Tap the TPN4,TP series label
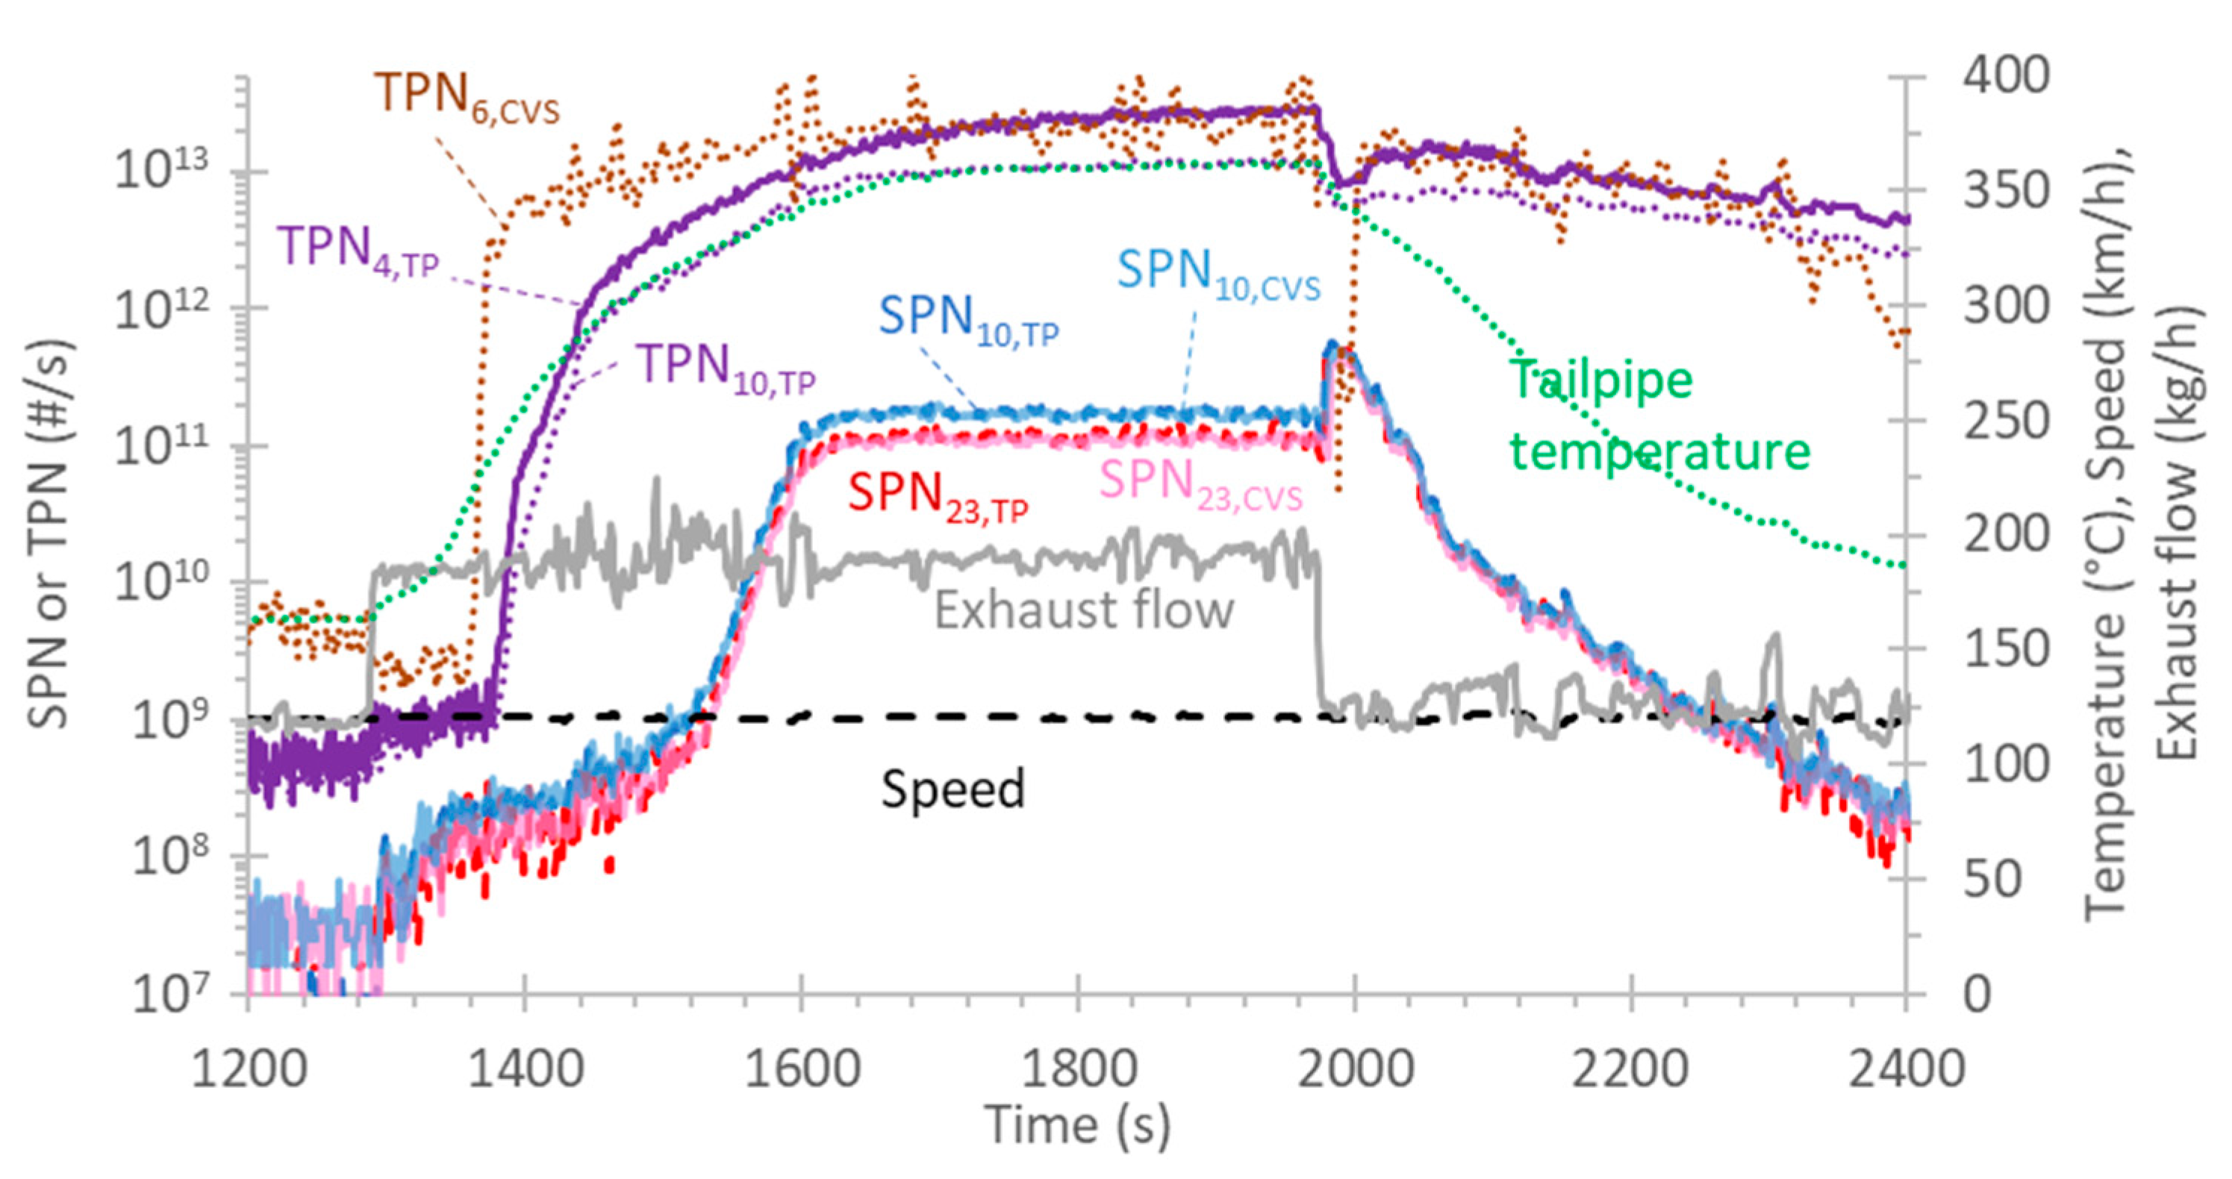[x=358, y=249]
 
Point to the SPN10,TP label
[x=968, y=319]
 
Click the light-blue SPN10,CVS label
[x=1218, y=274]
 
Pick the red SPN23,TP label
[x=937, y=496]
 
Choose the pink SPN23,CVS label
[x=1200, y=484]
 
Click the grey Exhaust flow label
[x=1083, y=610]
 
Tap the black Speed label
[x=953, y=788]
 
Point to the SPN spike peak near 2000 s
[x=1332, y=345]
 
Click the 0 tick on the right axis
[x=1977, y=995]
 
